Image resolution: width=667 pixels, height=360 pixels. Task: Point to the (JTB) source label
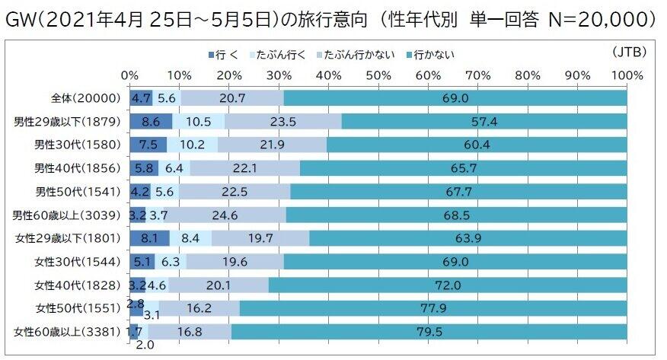(x=628, y=52)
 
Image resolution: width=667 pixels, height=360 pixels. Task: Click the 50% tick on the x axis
(x=378, y=75)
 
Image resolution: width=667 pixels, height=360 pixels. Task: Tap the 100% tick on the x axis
(x=626, y=75)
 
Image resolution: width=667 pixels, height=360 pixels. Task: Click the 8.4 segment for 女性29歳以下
(x=190, y=239)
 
